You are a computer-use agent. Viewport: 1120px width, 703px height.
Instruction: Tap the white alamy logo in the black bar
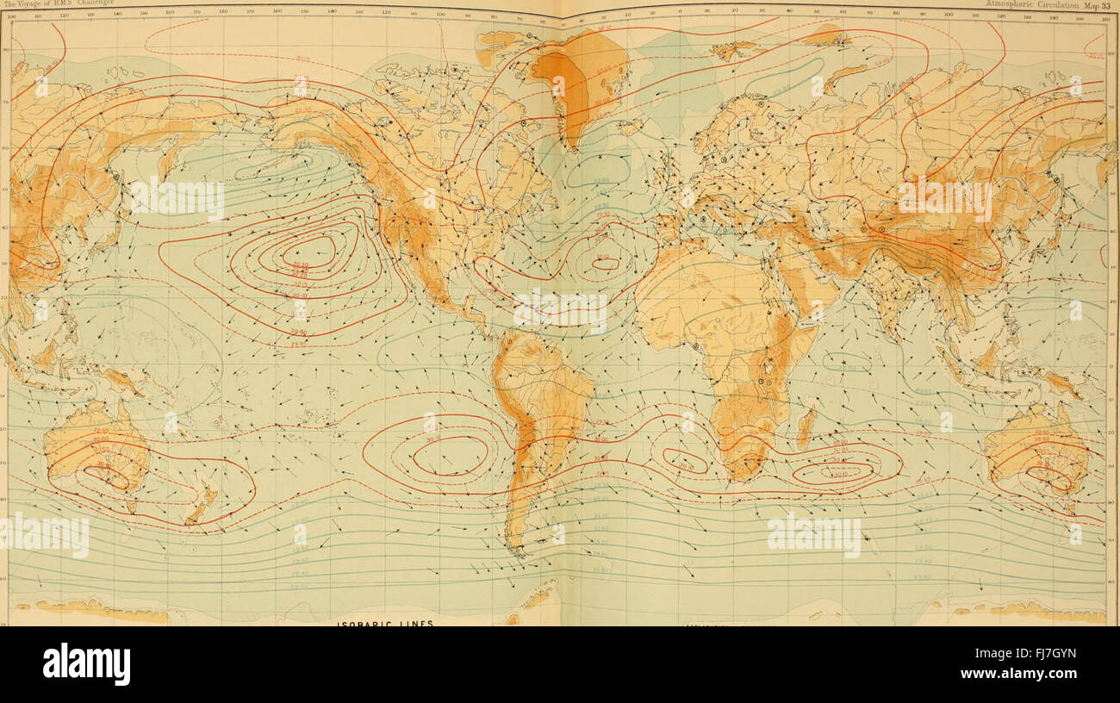[86, 664]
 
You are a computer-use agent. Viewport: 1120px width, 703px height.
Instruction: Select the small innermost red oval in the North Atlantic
[605, 264]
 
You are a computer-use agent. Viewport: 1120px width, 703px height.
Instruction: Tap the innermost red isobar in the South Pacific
[450, 454]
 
